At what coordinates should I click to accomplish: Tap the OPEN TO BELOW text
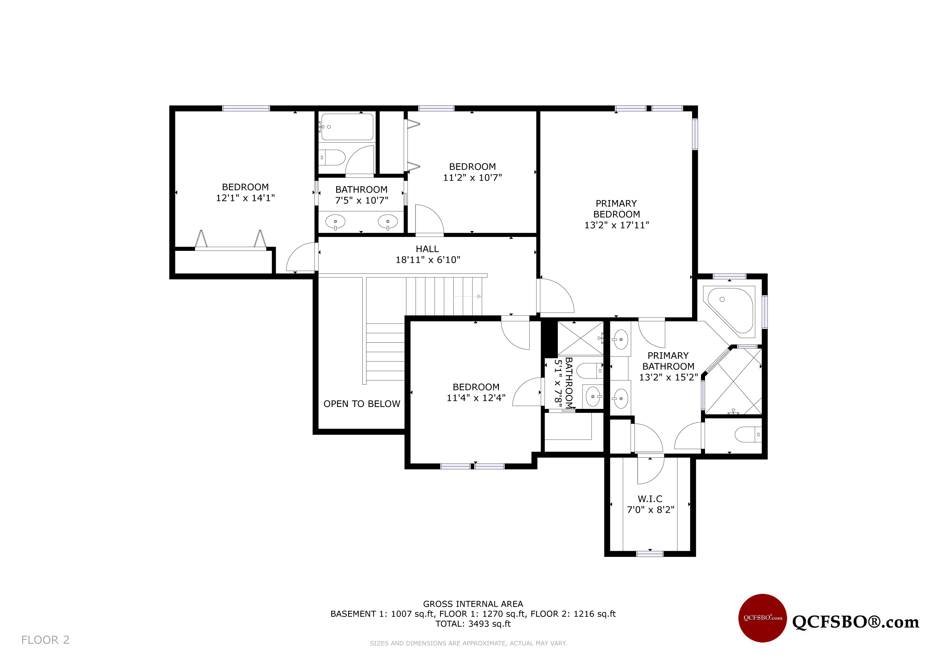tap(362, 404)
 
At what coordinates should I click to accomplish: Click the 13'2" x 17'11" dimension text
tap(616, 225)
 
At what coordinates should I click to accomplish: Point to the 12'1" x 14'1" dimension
tap(245, 198)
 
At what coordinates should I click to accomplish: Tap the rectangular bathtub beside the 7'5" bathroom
tap(347, 127)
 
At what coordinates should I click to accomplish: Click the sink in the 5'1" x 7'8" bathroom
tap(593, 396)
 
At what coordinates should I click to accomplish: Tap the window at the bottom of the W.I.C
tap(650, 554)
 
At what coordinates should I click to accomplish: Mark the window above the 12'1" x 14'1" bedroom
tap(246, 108)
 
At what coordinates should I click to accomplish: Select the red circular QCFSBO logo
tap(762, 618)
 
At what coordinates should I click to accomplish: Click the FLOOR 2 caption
tap(45, 640)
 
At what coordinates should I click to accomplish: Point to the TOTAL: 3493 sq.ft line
tap(473, 624)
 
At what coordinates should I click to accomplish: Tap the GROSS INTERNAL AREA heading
tap(473, 604)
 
